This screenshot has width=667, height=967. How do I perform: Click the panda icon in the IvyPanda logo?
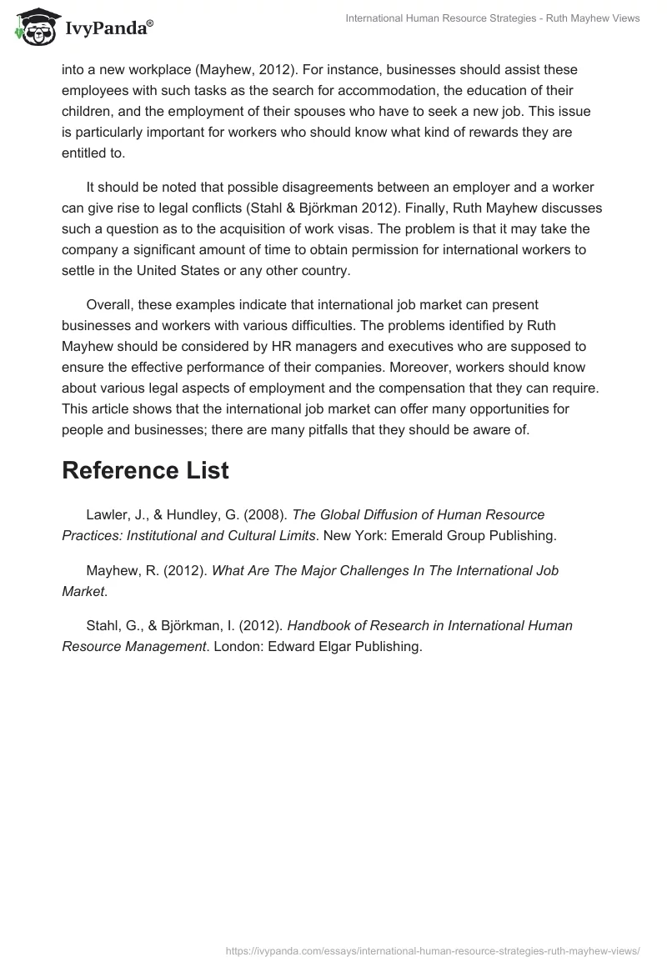(x=32, y=28)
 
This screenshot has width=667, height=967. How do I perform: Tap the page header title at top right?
(x=493, y=18)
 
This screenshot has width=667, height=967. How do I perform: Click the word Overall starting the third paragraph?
(x=111, y=304)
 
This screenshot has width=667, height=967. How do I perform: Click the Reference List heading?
(x=145, y=470)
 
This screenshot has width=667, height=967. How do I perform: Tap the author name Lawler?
(x=108, y=515)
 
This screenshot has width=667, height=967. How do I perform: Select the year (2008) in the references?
(x=266, y=515)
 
